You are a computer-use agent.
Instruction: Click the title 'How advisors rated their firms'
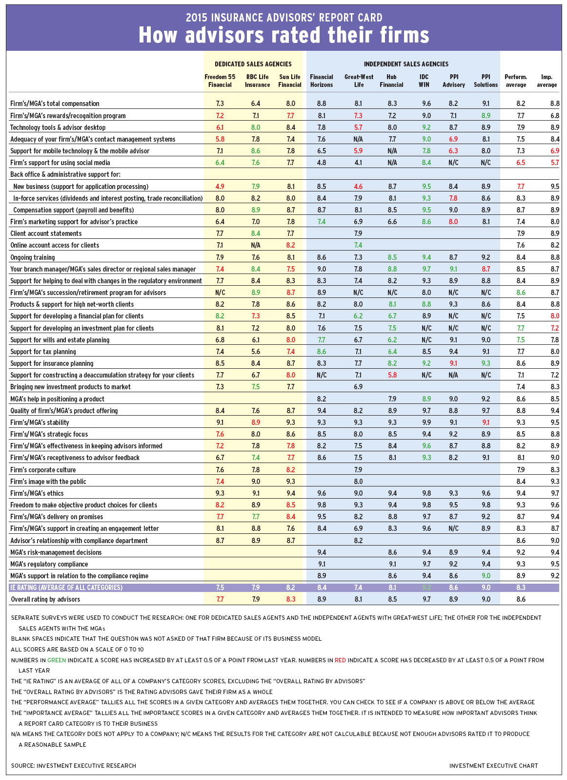click(x=283, y=35)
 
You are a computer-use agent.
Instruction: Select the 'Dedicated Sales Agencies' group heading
click(x=253, y=64)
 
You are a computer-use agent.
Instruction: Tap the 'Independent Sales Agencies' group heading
click(x=406, y=64)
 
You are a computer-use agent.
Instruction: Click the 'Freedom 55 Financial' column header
click(x=220, y=81)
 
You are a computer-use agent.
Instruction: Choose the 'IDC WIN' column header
click(x=424, y=81)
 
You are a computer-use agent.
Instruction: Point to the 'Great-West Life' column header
click(x=359, y=81)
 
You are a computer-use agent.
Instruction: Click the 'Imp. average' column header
click(x=547, y=81)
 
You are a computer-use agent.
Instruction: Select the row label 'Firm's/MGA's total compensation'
click(x=55, y=104)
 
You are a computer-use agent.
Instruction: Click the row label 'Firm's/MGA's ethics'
click(x=37, y=493)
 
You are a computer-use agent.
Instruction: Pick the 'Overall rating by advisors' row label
click(x=45, y=599)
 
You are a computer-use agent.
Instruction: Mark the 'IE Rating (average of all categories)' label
click(x=66, y=588)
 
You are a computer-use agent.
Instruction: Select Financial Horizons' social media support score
click(x=321, y=163)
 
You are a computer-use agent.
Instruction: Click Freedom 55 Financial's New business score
click(x=220, y=187)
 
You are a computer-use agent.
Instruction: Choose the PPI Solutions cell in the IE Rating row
click(x=486, y=588)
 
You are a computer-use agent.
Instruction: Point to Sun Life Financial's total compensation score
click(x=290, y=104)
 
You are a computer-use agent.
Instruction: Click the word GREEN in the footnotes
click(x=56, y=660)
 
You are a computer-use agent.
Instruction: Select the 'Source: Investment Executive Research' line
click(x=73, y=765)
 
